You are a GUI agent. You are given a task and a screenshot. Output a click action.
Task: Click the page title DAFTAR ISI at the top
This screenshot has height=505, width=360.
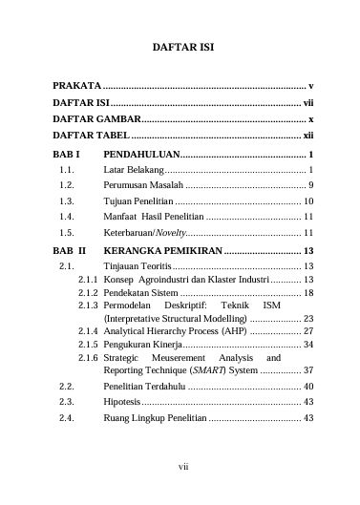180,45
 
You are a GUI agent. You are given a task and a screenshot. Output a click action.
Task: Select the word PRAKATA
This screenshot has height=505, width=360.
76,85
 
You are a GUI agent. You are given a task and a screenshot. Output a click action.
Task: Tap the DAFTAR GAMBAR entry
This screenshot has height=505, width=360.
96,118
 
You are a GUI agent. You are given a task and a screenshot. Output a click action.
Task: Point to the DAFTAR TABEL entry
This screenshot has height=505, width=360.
91,136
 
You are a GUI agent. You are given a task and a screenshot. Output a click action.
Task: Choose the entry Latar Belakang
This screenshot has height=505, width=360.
133,168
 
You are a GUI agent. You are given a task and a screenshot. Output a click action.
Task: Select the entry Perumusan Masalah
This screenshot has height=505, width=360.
142,184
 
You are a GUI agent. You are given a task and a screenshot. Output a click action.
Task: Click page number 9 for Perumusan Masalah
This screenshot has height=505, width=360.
312,184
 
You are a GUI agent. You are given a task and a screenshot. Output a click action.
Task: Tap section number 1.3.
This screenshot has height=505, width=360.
67,201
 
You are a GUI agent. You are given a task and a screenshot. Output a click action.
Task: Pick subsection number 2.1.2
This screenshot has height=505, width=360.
88,292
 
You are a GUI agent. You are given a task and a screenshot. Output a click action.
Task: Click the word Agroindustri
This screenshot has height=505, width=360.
168,279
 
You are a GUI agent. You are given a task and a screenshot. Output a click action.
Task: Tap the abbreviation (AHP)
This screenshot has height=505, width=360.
230,330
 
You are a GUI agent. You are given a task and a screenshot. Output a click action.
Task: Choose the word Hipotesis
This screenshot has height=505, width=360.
123,403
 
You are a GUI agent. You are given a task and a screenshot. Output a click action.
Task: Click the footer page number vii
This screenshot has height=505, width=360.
180,466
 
